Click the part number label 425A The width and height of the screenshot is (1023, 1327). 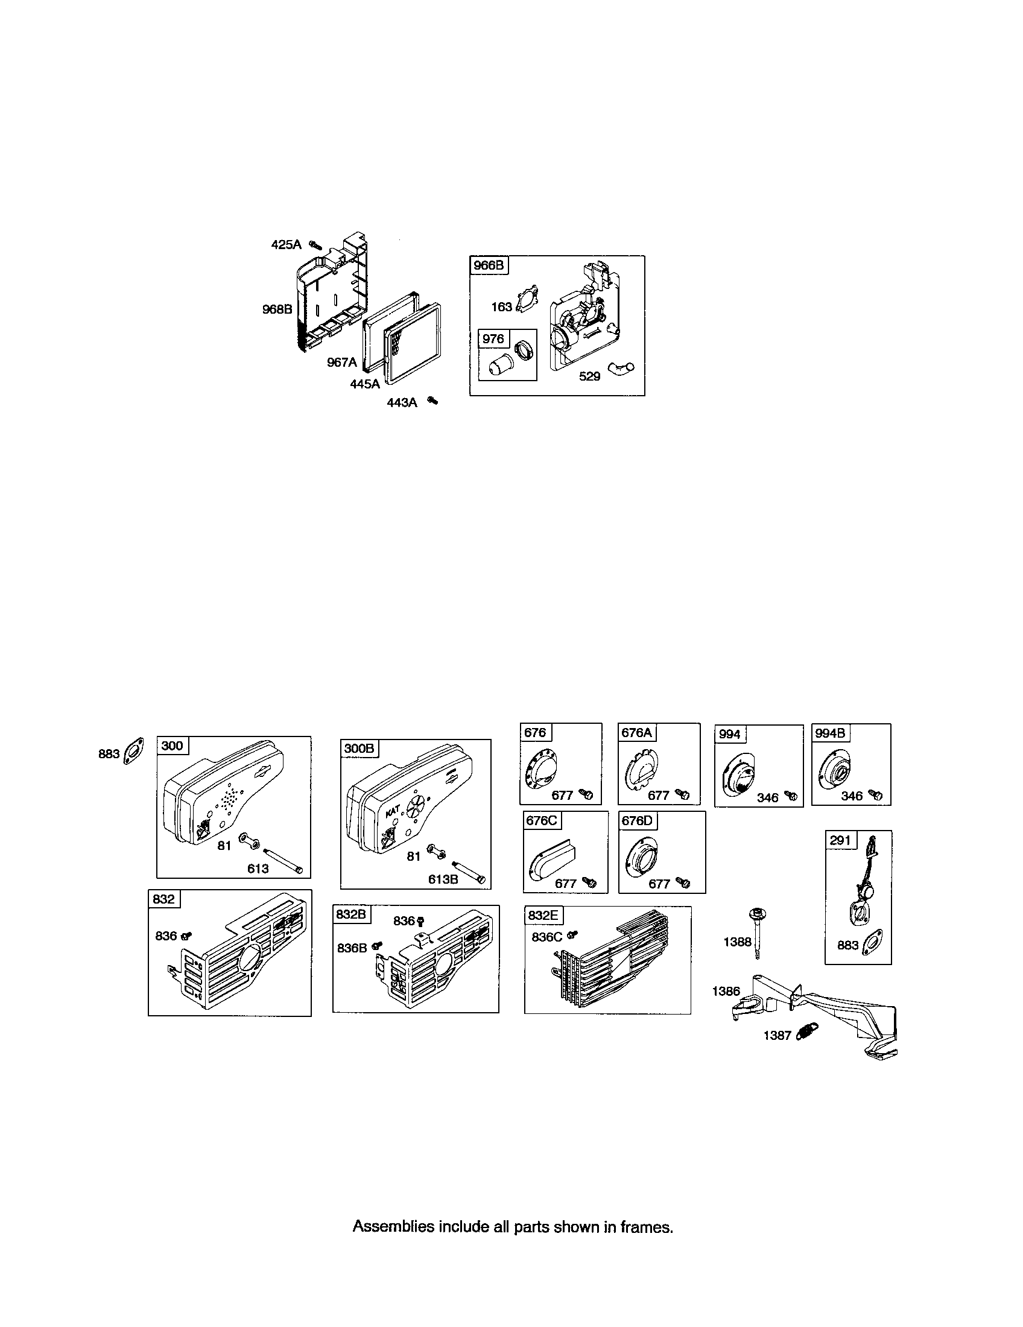[285, 245]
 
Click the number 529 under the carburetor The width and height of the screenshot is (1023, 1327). [589, 377]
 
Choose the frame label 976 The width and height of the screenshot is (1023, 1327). [493, 338]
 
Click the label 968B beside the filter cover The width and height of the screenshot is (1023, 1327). [277, 309]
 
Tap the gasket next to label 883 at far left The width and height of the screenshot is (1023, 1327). [133, 751]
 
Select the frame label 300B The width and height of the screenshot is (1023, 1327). [359, 748]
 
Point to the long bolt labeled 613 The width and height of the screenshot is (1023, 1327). [282, 860]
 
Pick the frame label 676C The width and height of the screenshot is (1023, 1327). [540, 820]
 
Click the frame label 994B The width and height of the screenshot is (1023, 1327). [830, 733]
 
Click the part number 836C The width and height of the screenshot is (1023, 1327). [546, 937]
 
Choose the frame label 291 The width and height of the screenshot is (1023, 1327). [840, 840]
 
